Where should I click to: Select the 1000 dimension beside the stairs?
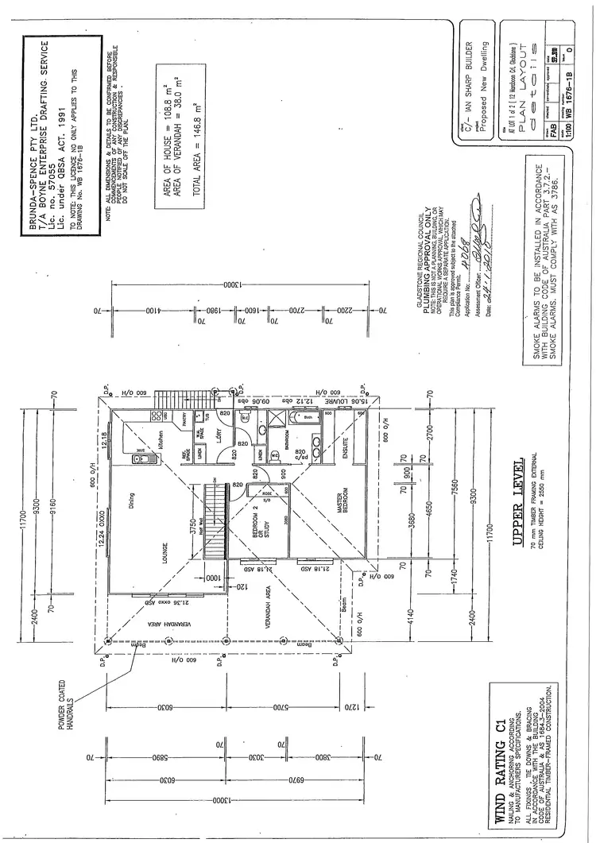coord(212,572)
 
